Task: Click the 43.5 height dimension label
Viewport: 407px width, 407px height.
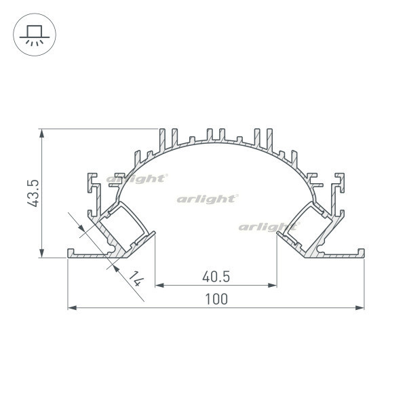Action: click(33, 193)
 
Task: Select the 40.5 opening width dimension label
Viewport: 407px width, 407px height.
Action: click(216, 277)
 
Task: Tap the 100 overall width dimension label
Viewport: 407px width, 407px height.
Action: click(216, 298)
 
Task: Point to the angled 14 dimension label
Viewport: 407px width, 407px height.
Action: click(136, 279)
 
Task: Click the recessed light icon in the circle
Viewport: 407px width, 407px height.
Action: click(35, 35)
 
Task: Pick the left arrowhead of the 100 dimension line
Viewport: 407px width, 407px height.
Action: click(72, 308)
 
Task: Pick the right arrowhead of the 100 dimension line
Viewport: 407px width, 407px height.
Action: click(360, 308)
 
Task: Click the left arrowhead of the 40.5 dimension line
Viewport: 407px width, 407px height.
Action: click(159, 286)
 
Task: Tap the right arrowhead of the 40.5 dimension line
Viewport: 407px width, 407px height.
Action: click(272, 286)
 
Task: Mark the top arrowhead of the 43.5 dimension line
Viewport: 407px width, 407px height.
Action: click(41, 134)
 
